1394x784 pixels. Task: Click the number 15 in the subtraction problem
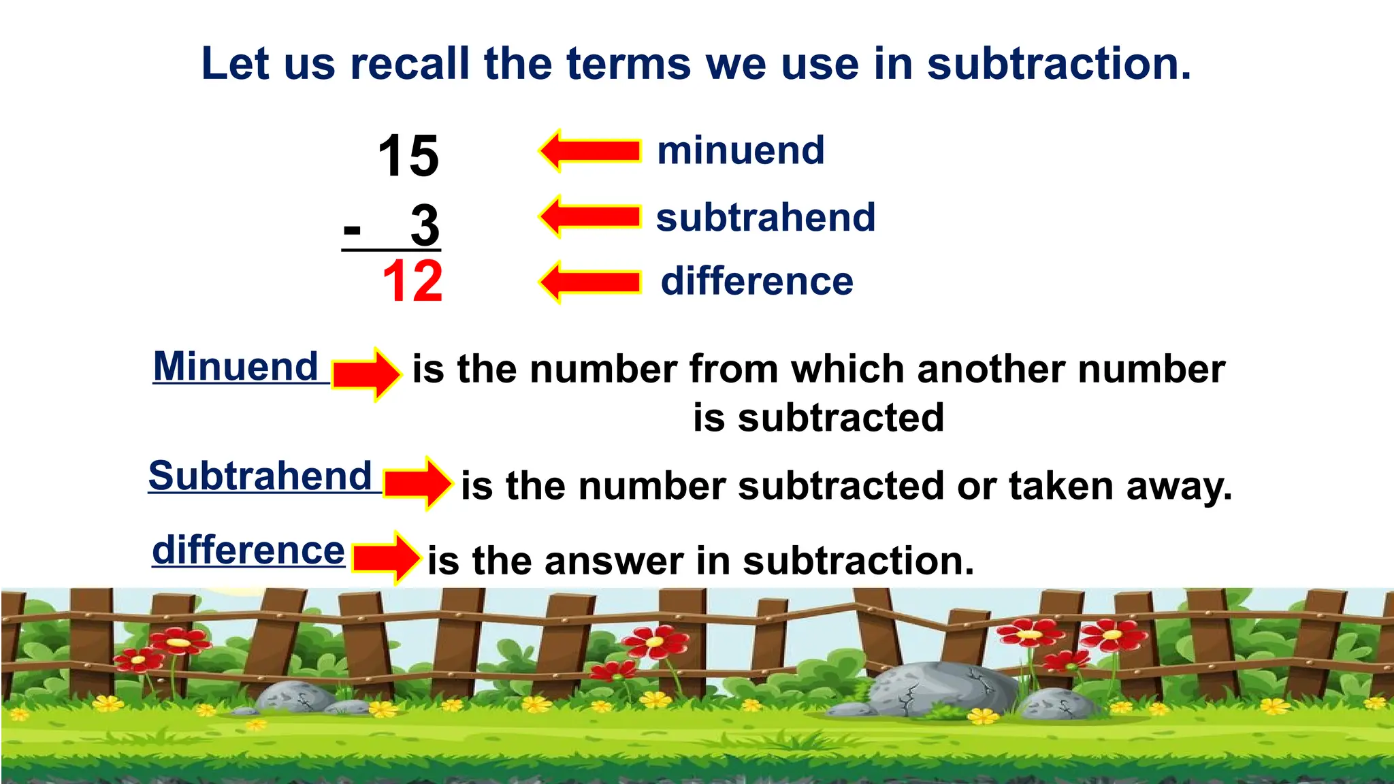[x=408, y=156]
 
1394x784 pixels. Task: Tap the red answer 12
[x=412, y=281]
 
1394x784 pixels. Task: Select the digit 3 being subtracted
[x=425, y=225]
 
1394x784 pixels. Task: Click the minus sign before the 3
[x=352, y=229]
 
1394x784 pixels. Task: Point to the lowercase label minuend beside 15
[x=741, y=150]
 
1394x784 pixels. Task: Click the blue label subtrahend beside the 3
[x=766, y=218]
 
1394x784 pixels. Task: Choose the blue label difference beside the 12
[x=757, y=281]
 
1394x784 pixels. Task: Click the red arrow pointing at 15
[x=589, y=150]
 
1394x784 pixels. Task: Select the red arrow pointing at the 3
[x=589, y=216]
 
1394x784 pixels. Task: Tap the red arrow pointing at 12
[x=589, y=282]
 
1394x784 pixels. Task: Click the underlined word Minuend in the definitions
[x=236, y=366]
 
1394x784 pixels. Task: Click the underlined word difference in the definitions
[x=248, y=550]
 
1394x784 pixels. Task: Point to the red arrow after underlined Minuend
[x=366, y=374]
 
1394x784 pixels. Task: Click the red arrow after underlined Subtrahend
[x=417, y=483]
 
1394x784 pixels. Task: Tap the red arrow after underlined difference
[x=386, y=558]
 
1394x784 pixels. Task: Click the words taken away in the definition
[x=1120, y=486]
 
